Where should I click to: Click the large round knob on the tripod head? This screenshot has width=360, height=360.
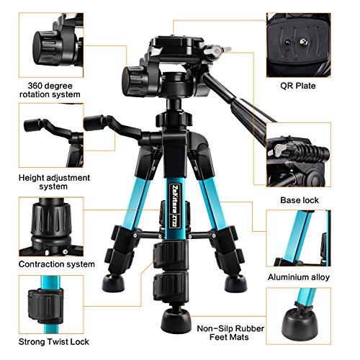click(x=135, y=76)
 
